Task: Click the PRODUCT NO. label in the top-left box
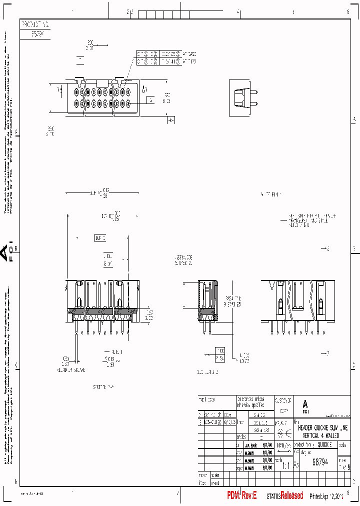click(x=34, y=23)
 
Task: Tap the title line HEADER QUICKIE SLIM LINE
click(x=322, y=428)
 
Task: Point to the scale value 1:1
click(x=285, y=465)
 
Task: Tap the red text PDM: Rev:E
click(x=241, y=495)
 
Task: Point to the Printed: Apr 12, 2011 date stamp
click(x=326, y=496)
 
